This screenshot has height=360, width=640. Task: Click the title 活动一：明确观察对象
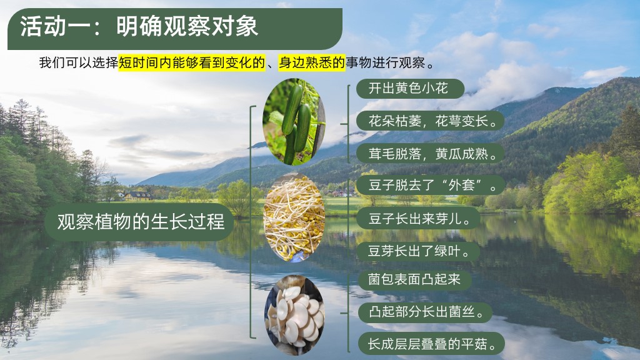point(139,27)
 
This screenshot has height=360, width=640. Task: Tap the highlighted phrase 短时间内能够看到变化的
point(192,63)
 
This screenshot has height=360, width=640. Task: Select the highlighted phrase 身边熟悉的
point(312,63)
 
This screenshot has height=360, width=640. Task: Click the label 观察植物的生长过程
point(141,222)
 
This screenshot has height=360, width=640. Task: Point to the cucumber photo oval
point(294,122)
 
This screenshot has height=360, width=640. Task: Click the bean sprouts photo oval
point(294,217)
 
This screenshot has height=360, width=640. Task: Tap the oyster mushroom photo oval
point(294,315)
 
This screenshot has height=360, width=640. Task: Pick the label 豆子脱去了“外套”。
point(431,185)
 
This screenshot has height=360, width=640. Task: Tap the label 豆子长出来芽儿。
point(418,218)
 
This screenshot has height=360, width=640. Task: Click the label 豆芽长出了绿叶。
point(418,251)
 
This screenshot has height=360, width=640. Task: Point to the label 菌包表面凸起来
point(415,280)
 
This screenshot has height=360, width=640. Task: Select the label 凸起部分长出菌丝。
point(425,312)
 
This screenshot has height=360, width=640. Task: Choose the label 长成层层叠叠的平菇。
point(431,344)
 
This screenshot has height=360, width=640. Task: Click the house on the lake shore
point(137,196)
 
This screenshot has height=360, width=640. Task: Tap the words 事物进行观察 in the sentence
point(386,63)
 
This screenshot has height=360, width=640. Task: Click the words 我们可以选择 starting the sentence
point(78,63)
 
